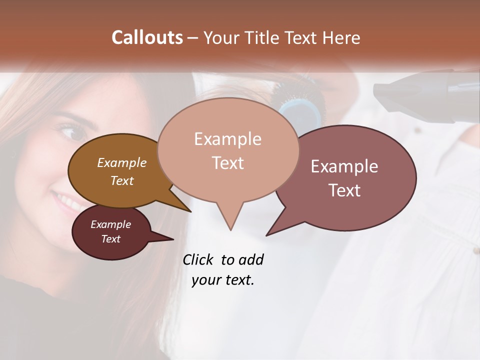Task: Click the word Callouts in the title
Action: pos(147,37)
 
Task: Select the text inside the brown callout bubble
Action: pos(122,171)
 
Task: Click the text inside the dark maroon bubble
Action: pos(110,231)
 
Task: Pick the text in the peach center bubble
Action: pos(227,150)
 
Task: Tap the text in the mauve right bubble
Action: pos(344,178)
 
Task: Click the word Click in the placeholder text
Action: pos(199,259)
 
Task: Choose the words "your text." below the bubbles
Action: pos(223,280)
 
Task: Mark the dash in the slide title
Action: pos(193,38)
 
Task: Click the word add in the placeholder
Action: pos(250,259)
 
